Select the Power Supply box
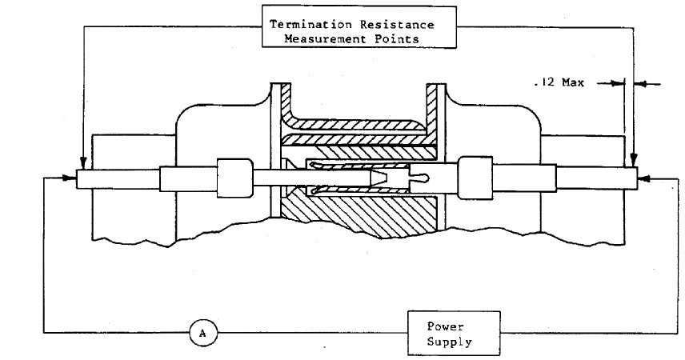(x=455, y=333)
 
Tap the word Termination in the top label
(x=312, y=24)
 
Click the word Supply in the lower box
(x=450, y=341)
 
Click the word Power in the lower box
(x=446, y=326)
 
